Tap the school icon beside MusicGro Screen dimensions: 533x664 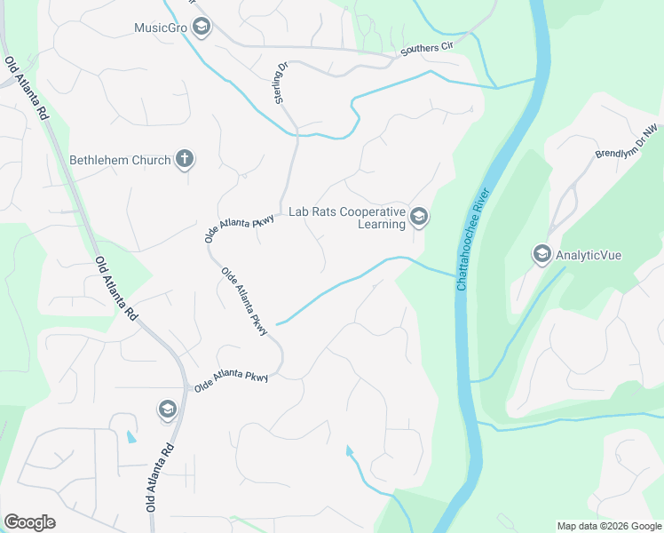202,28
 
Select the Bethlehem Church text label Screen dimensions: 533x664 120,161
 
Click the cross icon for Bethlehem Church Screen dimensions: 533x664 185,160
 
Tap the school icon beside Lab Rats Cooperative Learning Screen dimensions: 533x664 419,216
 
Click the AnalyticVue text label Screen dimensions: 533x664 589,255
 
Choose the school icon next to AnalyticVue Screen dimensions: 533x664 541,255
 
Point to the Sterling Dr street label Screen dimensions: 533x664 282,83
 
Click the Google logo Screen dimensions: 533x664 29,522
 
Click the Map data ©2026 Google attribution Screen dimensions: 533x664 608,526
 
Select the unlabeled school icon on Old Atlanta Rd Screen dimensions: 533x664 167,410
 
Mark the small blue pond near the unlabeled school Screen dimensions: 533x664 132,437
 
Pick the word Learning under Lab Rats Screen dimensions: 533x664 381,225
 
